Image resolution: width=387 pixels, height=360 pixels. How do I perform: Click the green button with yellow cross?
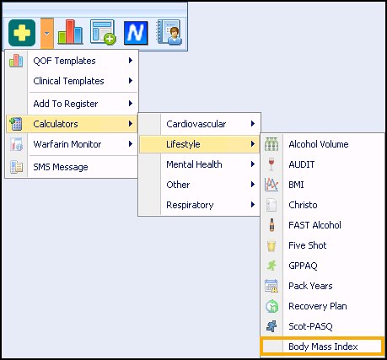[22, 33]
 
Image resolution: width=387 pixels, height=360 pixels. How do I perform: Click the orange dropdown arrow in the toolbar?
[47, 33]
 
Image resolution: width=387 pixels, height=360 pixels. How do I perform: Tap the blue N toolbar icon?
[136, 33]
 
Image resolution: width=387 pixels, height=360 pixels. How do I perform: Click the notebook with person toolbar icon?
[169, 32]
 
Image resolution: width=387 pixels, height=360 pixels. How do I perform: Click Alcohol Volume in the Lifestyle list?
[319, 144]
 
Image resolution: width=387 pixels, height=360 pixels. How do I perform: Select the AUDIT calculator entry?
[302, 164]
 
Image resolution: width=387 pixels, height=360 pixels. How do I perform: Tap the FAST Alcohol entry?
[314, 225]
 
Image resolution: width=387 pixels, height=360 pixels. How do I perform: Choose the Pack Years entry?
[310, 286]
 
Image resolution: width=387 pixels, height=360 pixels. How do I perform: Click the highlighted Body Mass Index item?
[322, 347]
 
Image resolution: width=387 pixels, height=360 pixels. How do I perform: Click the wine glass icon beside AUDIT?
[271, 164]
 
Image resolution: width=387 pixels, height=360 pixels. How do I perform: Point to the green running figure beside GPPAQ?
[271, 266]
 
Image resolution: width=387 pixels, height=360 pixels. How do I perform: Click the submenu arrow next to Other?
[253, 185]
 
